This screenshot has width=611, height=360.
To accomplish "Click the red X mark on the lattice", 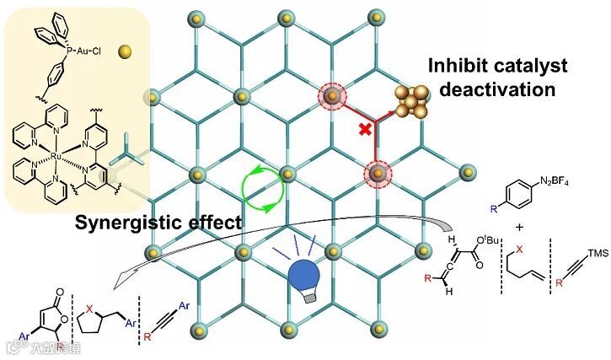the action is click(x=365, y=129).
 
